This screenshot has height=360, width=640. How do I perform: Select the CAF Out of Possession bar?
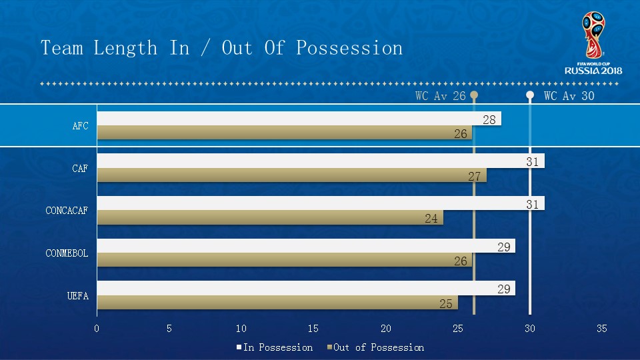[x=291, y=175]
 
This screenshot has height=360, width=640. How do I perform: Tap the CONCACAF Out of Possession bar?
[x=270, y=217]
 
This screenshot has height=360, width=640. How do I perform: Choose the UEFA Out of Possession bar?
[x=277, y=303]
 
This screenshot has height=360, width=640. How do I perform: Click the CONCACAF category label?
[x=67, y=211]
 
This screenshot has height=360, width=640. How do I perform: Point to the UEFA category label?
[x=77, y=296]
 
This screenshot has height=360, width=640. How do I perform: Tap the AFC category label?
[x=80, y=126]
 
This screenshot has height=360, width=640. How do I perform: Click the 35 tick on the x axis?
[x=602, y=329]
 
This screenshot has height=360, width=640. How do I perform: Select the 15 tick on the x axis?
[x=313, y=329]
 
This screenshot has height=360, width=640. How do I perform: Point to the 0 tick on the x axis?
[x=97, y=329]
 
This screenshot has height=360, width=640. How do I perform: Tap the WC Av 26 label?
[x=441, y=96]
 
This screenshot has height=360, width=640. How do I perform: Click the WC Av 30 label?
[x=569, y=96]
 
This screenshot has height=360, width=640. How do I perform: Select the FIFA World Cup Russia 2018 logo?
[x=593, y=43]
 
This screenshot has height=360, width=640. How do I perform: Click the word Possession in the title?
[x=349, y=48]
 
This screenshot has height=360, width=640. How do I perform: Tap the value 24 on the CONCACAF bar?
[x=431, y=218]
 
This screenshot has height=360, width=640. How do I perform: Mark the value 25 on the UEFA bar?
[x=446, y=303]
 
